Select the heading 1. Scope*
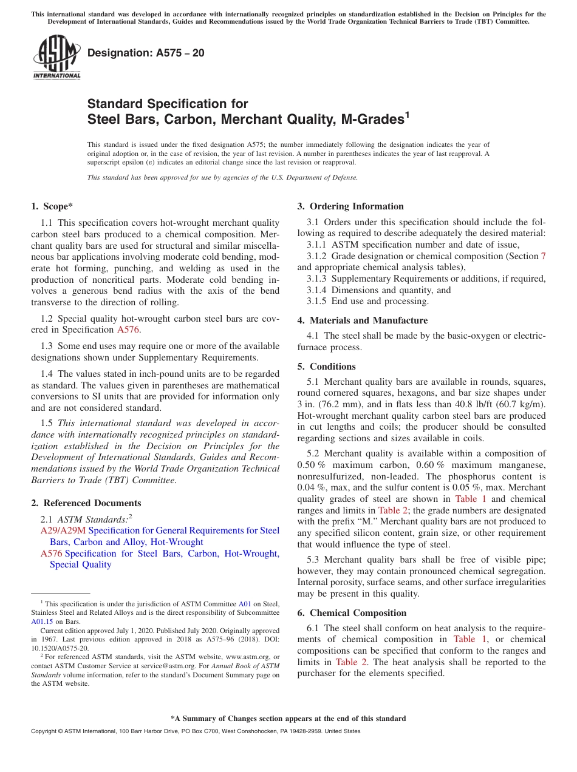[53, 206]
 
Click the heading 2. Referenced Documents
[86, 503]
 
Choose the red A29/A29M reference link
[63, 530]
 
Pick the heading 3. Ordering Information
[350, 206]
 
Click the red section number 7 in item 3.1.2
[543, 256]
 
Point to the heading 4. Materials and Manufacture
[362, 320]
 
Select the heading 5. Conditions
[326, 367]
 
